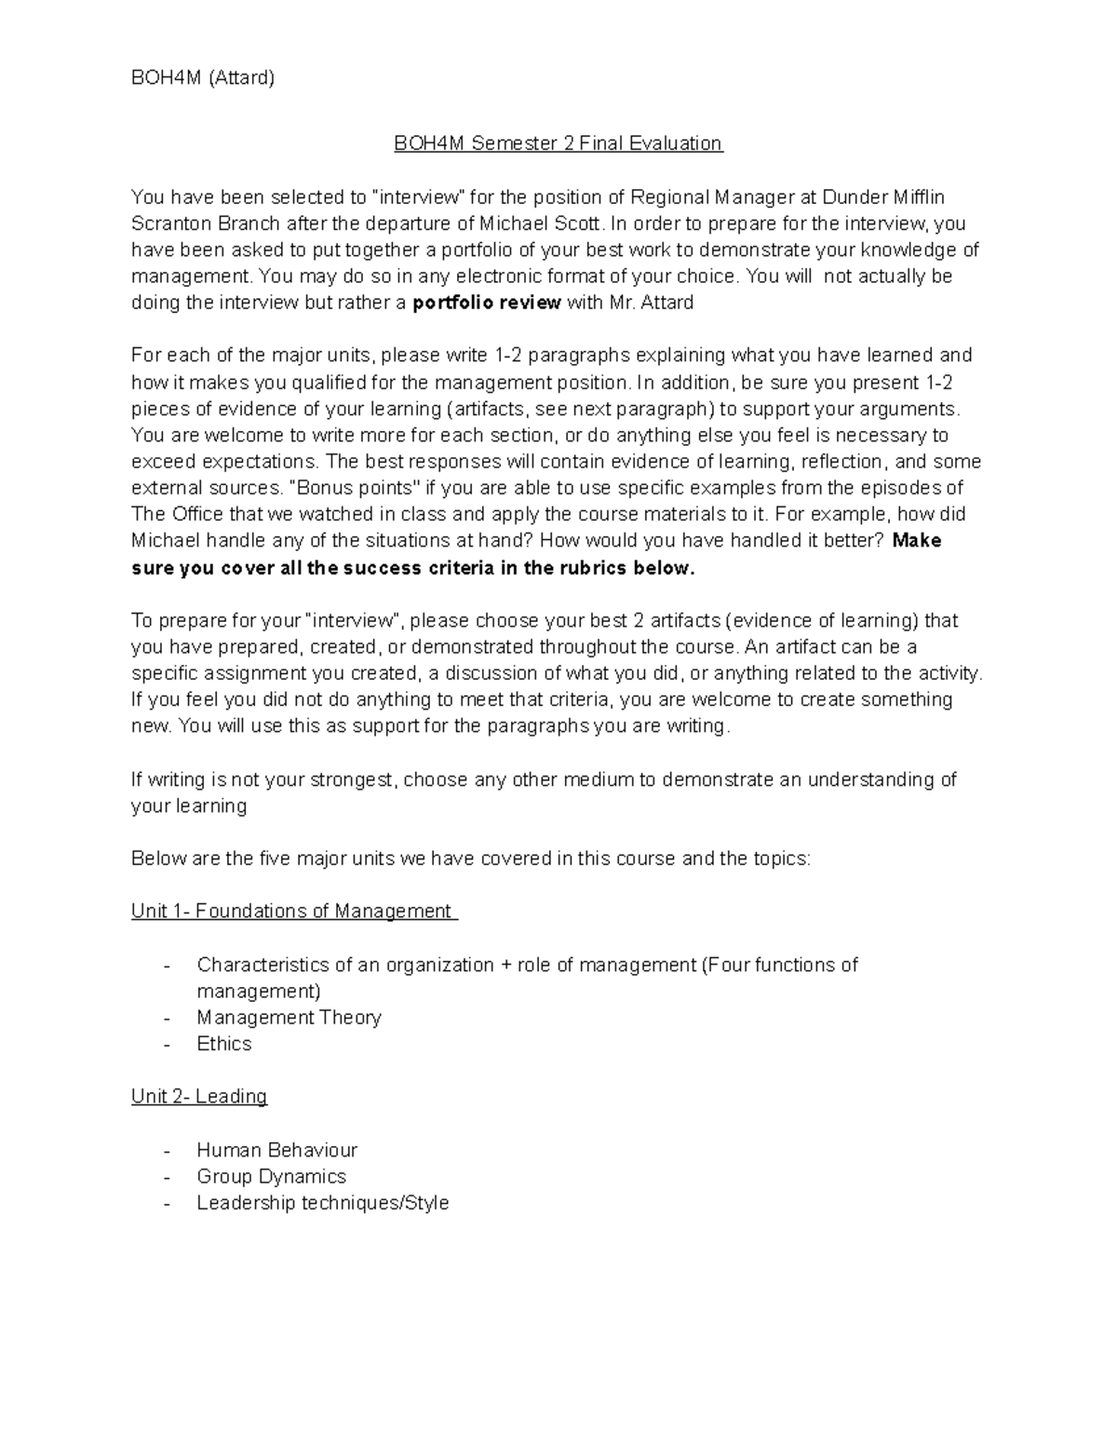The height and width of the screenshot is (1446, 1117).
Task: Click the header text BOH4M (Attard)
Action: coord(202,78)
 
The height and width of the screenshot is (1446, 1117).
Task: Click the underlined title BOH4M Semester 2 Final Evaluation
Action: coord(558,143)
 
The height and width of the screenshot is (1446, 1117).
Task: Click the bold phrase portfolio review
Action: coord(486,303)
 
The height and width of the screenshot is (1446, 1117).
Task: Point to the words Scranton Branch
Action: coord(205,223)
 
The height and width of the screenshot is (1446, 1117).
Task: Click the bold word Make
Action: coord(917,541)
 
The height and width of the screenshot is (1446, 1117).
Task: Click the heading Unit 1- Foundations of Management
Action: coord(293,911)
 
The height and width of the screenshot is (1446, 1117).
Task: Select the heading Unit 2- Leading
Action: coord(199,1096)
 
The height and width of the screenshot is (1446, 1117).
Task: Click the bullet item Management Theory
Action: coord(289,1018)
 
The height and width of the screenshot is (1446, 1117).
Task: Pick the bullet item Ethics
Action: coord(223,1044)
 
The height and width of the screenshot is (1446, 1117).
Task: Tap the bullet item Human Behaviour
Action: coord(276,1150)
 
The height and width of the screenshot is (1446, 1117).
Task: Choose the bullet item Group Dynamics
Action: coord(271,1177)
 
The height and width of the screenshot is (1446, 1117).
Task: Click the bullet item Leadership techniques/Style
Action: coord(322,1203)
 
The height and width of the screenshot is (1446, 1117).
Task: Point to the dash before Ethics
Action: coord(167,1045)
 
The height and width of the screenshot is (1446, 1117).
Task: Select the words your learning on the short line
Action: coord(188,806)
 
